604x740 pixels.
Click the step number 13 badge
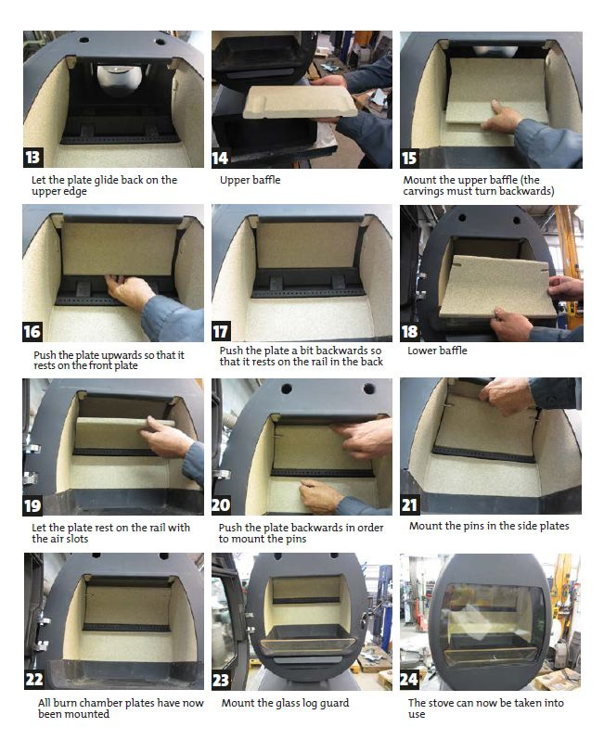click(x=33, y=157)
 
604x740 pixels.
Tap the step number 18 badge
click(x=409, y=332)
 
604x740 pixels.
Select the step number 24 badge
click(x=409, y=680)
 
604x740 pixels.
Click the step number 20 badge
click(x=221, y=505)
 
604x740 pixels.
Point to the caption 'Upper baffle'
click(x=250, y=180)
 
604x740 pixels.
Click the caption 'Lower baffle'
click(x=437, y=351)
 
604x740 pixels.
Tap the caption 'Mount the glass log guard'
click(x=285, y=703)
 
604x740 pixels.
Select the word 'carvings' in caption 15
click(x=423, y=192)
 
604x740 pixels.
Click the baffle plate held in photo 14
click(x=301, y=102)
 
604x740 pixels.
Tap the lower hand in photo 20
click(x=321, y=495)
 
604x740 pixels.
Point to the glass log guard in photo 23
click(x=307, y=645)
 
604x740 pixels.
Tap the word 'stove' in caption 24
click(x=441, y=703)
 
